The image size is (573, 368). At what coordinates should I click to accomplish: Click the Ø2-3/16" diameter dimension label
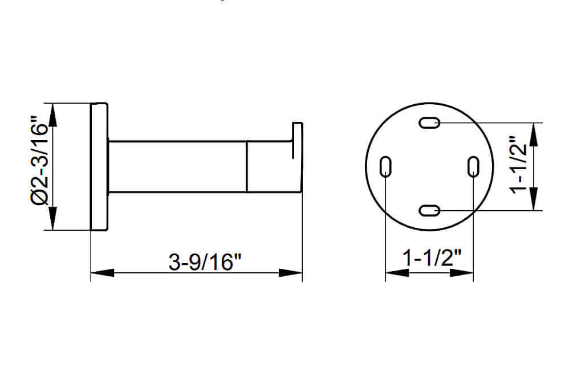click(x=40, y=161)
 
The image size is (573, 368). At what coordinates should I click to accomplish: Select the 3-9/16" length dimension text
click(x=205, y=262)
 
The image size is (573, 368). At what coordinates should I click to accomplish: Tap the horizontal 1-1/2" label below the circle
click(x=432, y=257)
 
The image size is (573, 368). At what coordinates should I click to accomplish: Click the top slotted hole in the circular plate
click(x=429, y=122)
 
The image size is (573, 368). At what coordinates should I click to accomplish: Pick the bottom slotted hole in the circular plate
click(x=429, y=211)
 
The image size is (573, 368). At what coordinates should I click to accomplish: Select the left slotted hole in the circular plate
click(x=385, y=166)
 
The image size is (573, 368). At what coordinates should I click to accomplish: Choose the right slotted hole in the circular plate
click(x=473, y=166)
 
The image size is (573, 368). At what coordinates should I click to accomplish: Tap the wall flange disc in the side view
click(x=99, y=166)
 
